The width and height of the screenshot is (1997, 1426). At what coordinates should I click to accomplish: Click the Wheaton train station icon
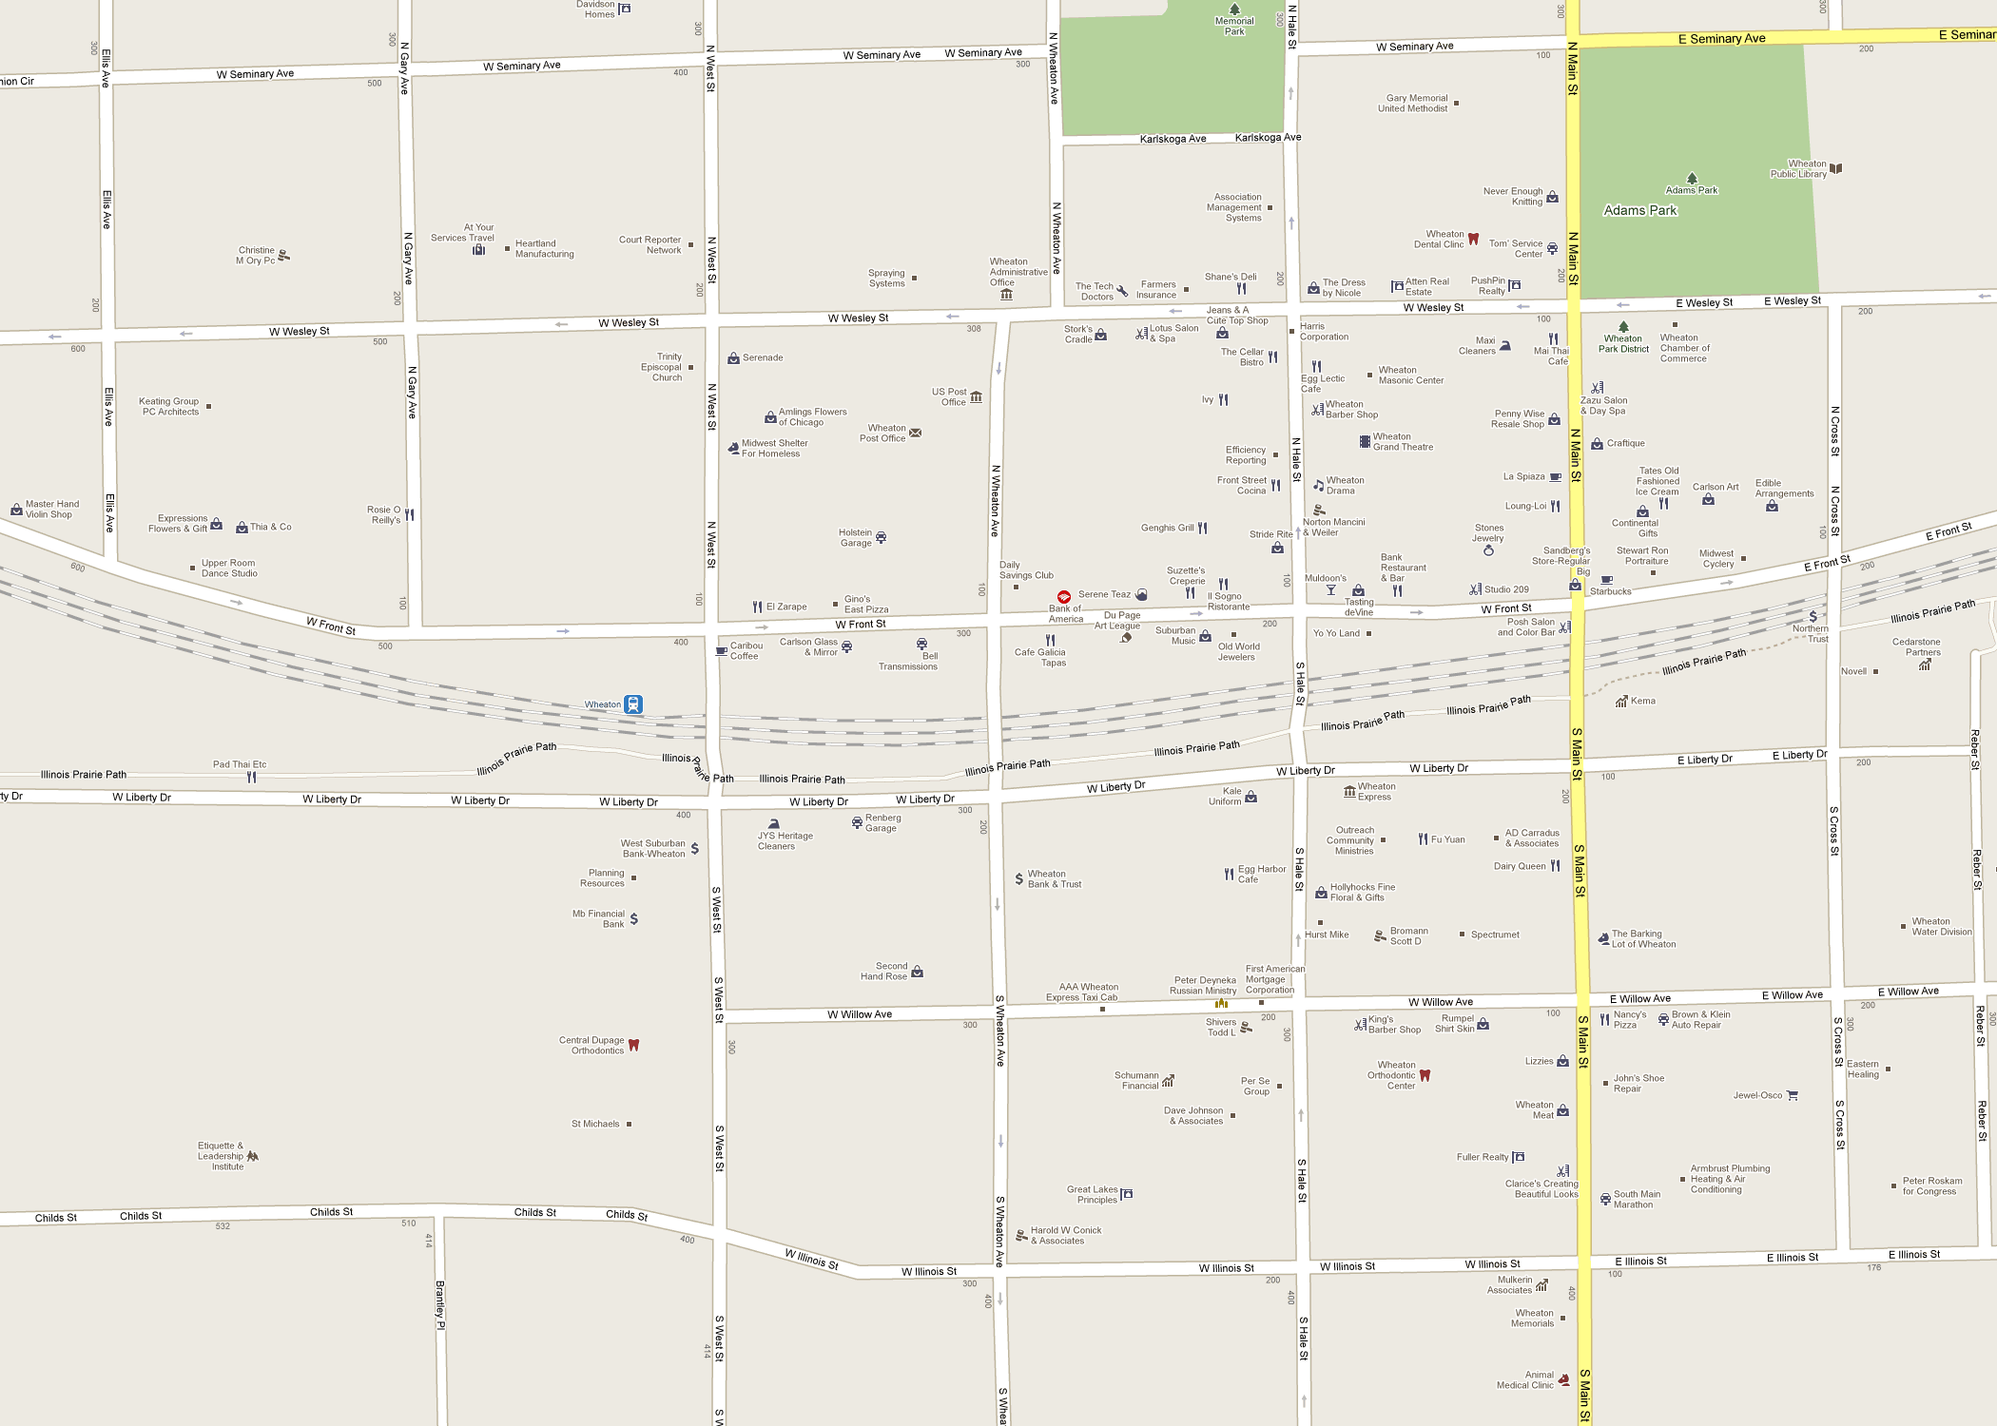(x=633, y=704)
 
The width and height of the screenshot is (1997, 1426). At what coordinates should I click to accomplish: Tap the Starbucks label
(x=1610, y=591)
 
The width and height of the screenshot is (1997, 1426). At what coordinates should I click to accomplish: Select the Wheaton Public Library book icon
(x=1836, y=168)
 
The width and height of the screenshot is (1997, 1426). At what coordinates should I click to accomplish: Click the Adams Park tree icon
(x=1692, y=178)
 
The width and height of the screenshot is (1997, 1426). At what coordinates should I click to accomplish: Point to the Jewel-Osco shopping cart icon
(x=1793, y=1095)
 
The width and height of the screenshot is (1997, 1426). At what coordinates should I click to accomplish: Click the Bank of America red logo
(x=1064, y=596)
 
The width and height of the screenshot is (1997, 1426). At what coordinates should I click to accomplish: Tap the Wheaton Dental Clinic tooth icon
(x=1473, y=239)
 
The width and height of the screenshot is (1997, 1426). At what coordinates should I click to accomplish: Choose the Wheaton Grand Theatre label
(x=1403, y=442)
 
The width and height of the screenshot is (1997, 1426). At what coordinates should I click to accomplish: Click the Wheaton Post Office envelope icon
(x=915, y=433)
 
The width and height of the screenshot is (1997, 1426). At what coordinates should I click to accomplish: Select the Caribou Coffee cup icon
(x=721, y=651)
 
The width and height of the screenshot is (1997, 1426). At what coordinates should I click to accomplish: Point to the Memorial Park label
(x=1234, y=26)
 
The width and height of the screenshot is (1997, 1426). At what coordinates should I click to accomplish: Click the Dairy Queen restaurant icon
(x=1556, y=866)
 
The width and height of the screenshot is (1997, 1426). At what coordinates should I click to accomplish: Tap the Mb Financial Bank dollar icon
(x=634, y=919)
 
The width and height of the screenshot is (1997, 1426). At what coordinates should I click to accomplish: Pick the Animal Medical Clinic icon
(x=1564, y=1379)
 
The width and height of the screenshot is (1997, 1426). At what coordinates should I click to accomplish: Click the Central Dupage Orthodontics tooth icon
(x=633, y=1045)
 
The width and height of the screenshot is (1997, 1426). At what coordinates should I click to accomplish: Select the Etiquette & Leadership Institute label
(x=221, y=1156)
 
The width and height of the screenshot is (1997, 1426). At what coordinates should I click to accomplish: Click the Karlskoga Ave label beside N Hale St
(x=1268, y=138)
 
